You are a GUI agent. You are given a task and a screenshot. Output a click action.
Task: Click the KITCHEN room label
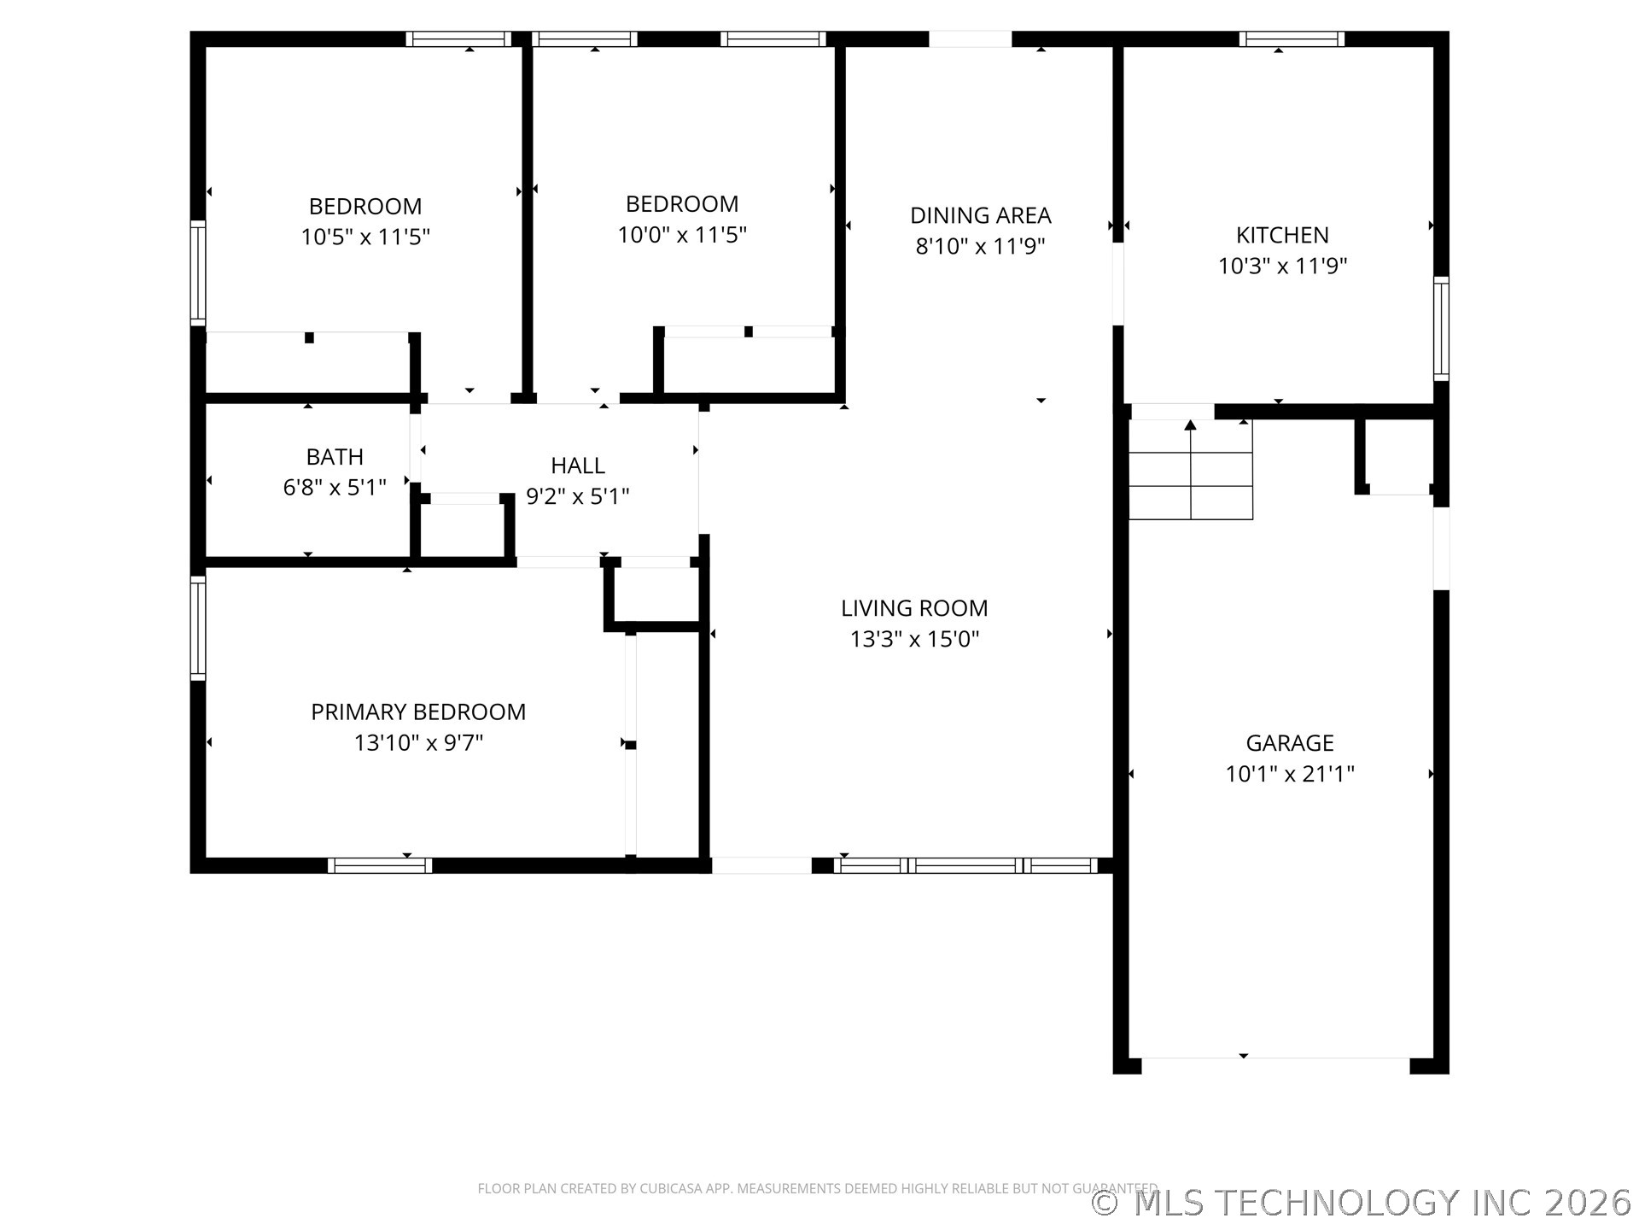1282,235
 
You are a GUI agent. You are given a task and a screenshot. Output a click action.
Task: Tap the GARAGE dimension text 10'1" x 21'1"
1289,774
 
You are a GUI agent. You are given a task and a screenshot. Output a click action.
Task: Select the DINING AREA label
980,215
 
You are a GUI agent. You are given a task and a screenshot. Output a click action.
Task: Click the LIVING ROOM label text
914,608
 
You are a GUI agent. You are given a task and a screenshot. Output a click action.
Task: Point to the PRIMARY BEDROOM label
418,712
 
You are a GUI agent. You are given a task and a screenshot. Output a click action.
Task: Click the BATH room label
335,457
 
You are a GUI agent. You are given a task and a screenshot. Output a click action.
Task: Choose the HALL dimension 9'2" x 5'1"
578,496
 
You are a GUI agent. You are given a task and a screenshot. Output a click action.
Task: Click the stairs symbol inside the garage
1191,470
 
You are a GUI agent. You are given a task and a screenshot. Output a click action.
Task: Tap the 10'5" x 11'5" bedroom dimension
365,237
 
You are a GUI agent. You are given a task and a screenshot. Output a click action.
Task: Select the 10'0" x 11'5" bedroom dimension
682,234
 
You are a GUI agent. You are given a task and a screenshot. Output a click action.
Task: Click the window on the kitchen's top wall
1292,39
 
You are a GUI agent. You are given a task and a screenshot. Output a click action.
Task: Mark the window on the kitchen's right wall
1441,329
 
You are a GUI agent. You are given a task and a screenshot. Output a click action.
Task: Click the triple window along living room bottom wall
965,865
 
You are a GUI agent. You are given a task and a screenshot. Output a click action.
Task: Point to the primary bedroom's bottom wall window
380,865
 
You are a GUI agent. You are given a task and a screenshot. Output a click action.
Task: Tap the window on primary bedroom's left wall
198,628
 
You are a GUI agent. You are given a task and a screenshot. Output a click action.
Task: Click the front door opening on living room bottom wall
761,865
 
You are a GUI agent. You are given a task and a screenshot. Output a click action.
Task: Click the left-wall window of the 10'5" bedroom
198,273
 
